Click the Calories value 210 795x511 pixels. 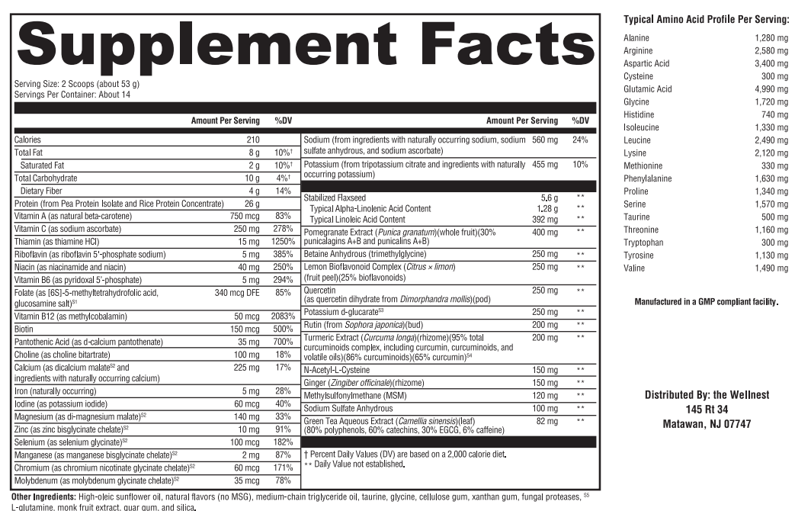click(252, 140)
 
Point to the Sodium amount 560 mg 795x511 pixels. click(545, 140)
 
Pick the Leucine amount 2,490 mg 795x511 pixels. click(771, 140)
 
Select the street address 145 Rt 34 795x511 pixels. click(707, 410)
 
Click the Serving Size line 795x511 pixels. click(77, 84)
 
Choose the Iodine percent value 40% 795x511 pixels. click(283, 403)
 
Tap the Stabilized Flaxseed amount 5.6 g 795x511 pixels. click(550, 198)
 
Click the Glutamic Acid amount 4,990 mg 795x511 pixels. click(771, 89)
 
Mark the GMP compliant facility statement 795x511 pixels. click(707, 302)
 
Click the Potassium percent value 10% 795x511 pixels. click(580, 165)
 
